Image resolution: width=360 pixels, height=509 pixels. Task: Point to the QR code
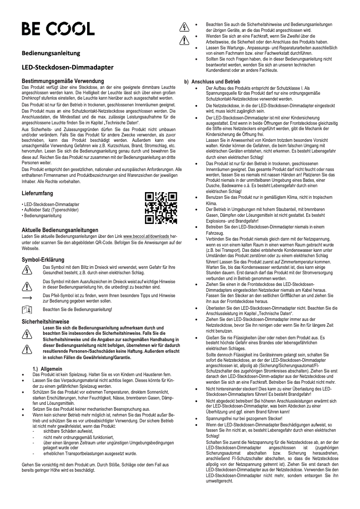[x=161, y=208]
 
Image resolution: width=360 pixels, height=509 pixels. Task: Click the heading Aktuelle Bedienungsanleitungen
[x=60, y=230]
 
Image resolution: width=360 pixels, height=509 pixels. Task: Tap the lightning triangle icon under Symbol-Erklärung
[x=27, y=269]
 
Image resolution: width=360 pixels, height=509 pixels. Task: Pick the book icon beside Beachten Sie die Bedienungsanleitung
[x=27, y=310]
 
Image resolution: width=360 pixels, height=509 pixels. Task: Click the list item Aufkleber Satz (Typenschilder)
[x=46, y=210]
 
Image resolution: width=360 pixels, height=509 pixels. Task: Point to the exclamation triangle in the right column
[x=183, y=40]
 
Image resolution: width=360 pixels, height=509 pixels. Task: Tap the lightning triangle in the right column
[x=183, y=27]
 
